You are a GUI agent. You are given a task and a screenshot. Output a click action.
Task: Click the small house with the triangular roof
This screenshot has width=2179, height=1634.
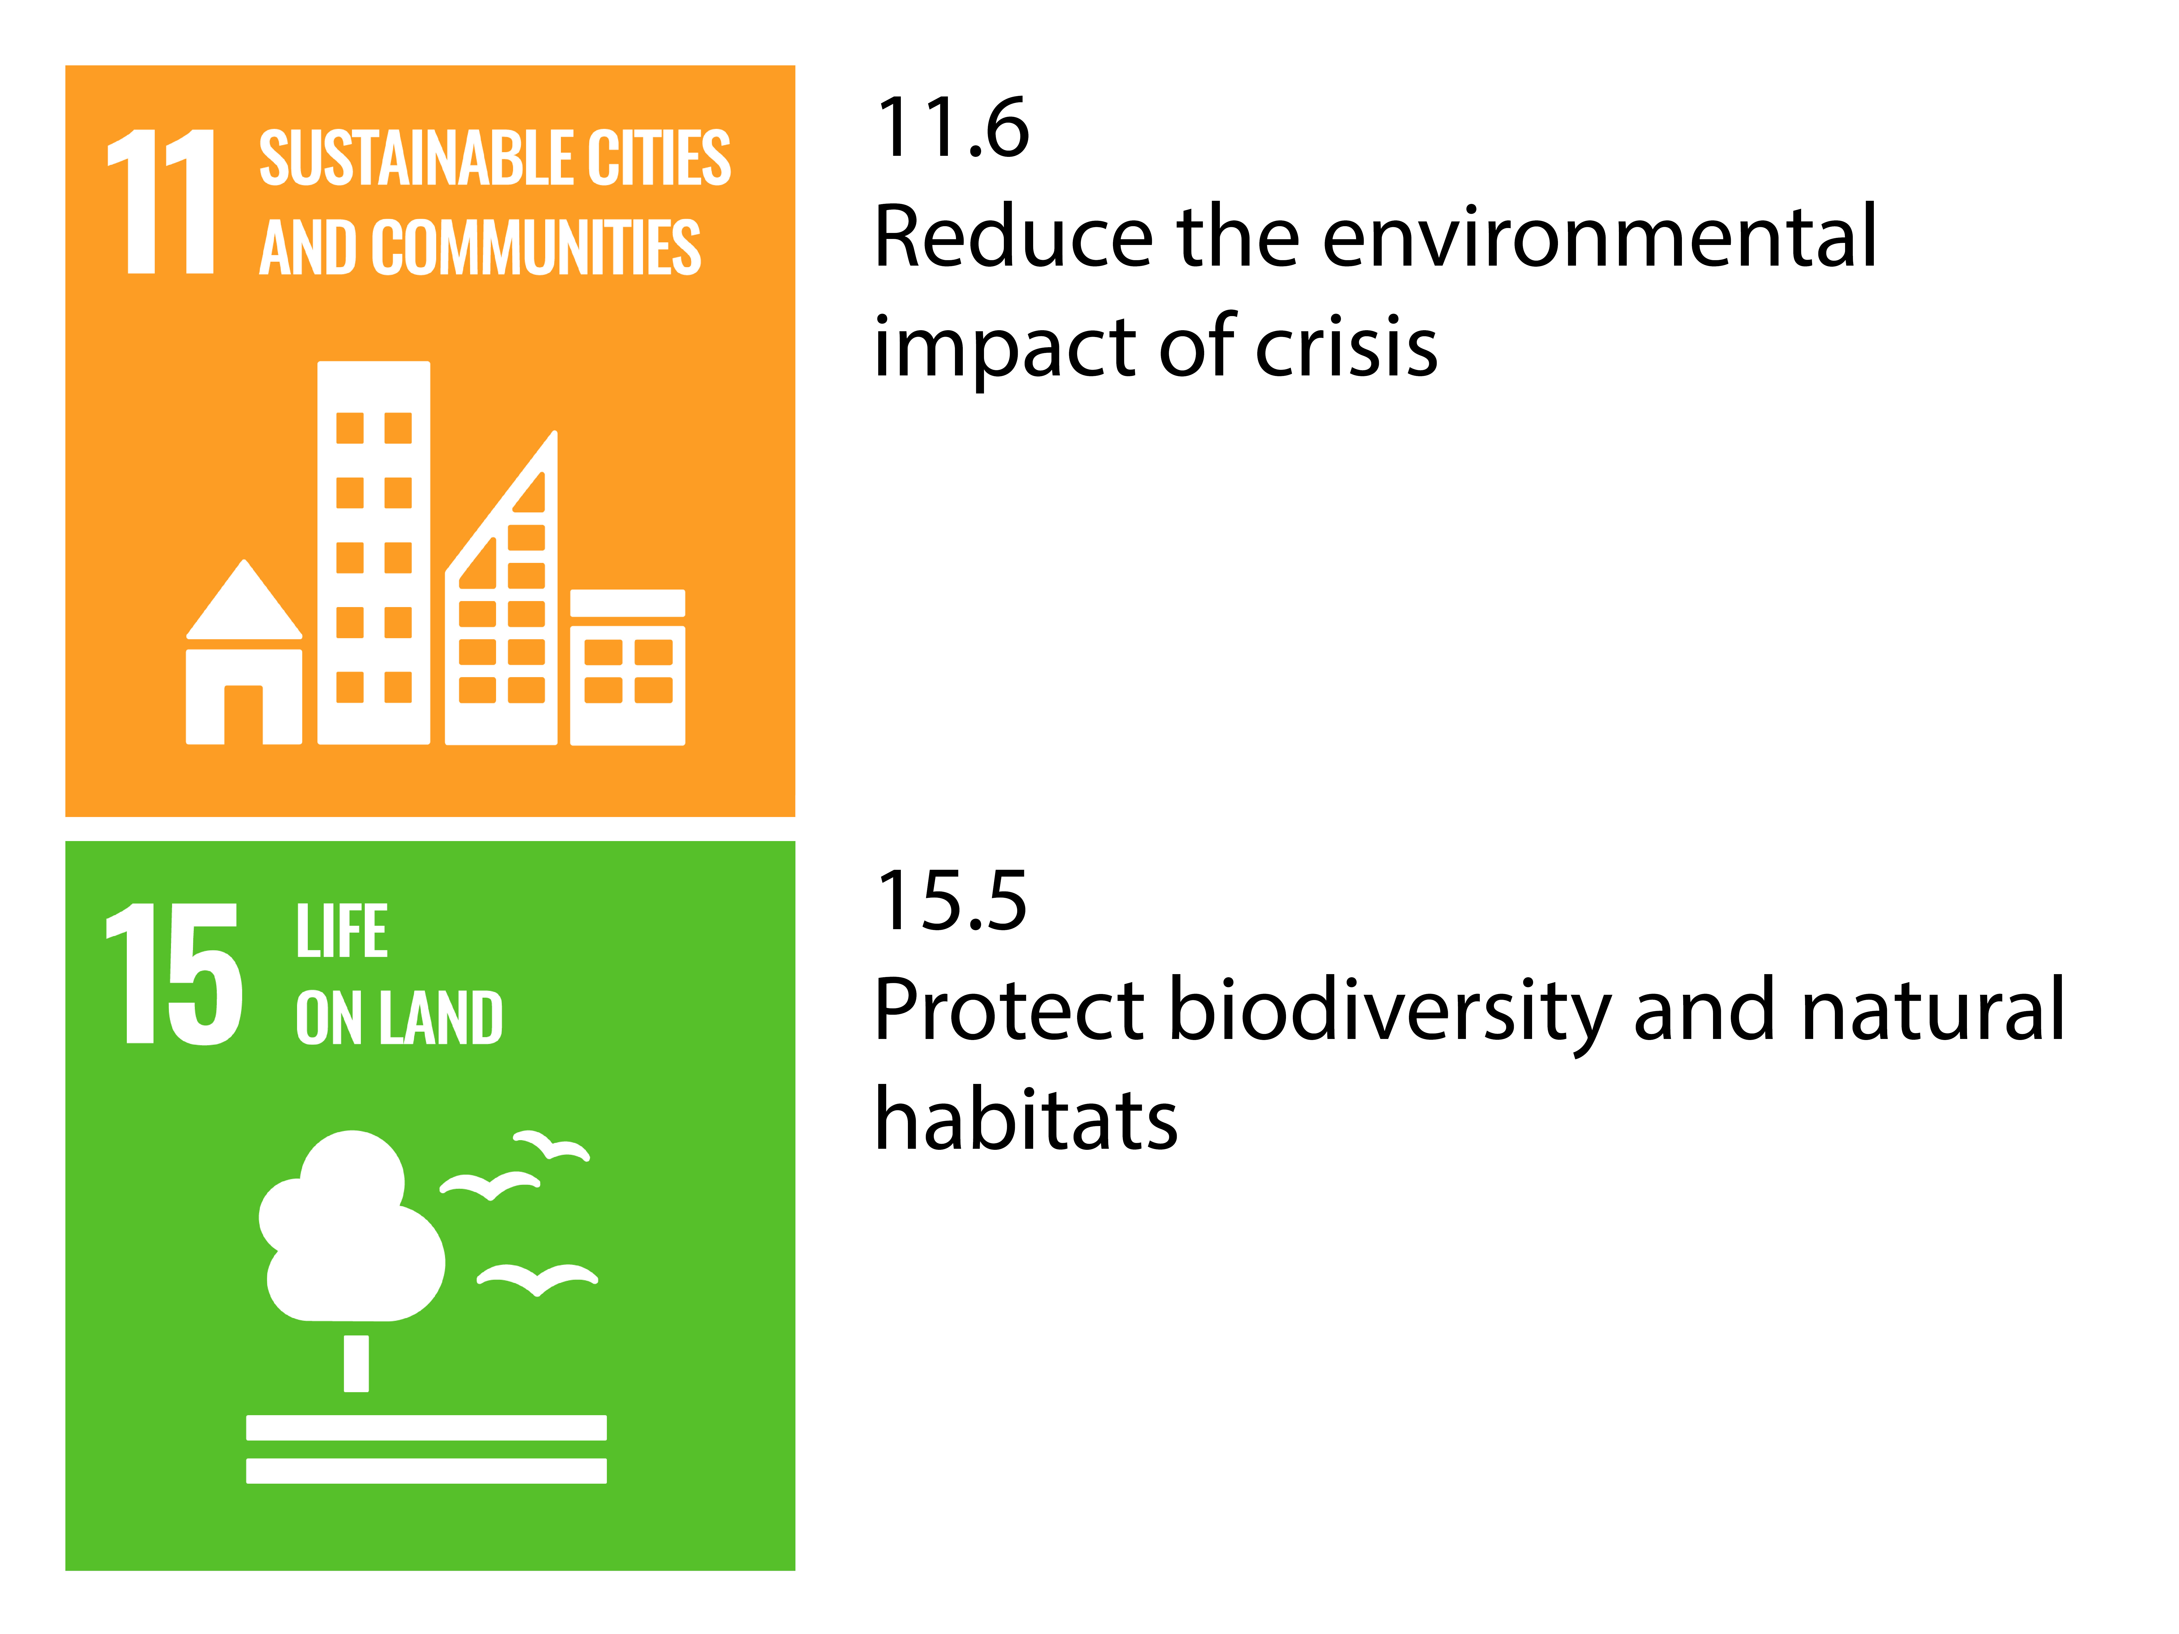click(x=244, y=652)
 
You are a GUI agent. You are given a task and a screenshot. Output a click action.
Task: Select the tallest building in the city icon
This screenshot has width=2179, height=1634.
click(x=373, y=552)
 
